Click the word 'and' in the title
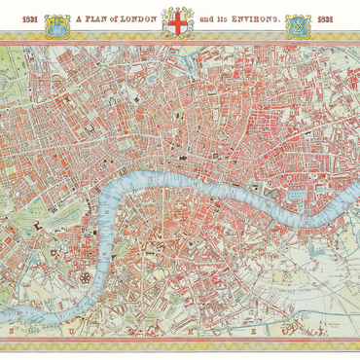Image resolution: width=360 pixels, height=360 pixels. coord(206,18)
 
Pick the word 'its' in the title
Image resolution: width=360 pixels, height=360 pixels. coord(226,18)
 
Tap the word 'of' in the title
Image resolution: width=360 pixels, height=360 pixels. coord(114,18)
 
